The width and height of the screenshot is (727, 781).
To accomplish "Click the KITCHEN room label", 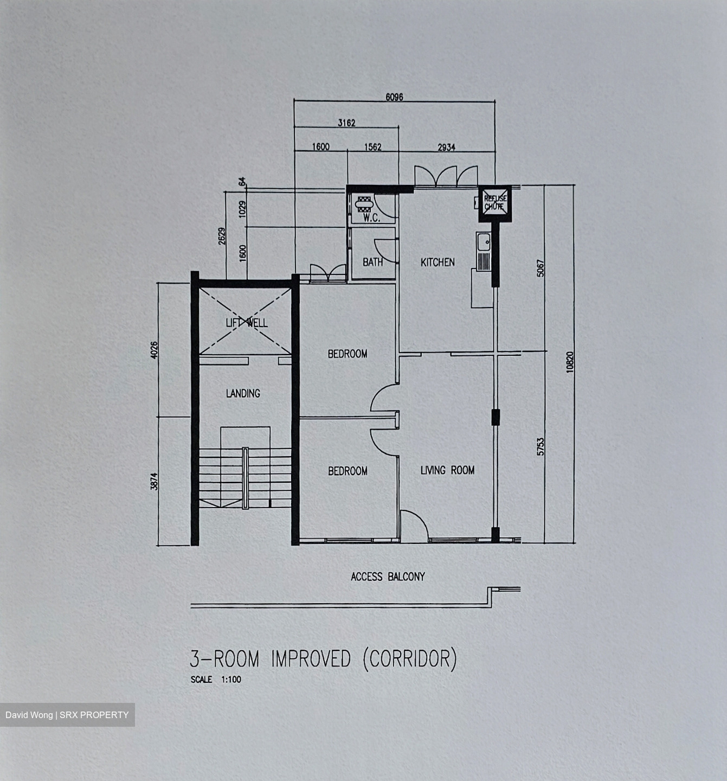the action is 438,263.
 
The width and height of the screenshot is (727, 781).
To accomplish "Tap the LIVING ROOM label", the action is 447,470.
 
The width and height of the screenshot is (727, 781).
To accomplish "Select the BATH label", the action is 373,263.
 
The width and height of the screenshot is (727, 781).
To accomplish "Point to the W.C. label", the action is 371,218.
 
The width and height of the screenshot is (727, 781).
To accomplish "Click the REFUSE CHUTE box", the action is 495,203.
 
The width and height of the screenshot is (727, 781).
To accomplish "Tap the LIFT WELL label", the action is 247,323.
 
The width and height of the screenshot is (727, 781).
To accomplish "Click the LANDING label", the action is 243,393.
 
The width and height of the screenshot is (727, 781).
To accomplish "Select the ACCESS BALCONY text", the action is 388,577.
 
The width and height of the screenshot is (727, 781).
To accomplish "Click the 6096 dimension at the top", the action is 394,97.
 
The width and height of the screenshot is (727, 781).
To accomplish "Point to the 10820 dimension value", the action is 570,362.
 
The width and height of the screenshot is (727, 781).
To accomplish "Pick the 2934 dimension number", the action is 447,147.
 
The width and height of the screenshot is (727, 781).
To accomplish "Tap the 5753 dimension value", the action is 541,447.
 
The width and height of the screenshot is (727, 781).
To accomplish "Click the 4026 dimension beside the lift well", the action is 154,350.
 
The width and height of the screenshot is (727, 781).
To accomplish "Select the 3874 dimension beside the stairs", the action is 154,481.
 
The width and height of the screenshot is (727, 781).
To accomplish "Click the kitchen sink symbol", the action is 483,252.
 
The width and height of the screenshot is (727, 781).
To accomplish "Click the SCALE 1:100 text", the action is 216,680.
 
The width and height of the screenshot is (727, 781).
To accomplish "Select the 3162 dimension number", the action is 346,123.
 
